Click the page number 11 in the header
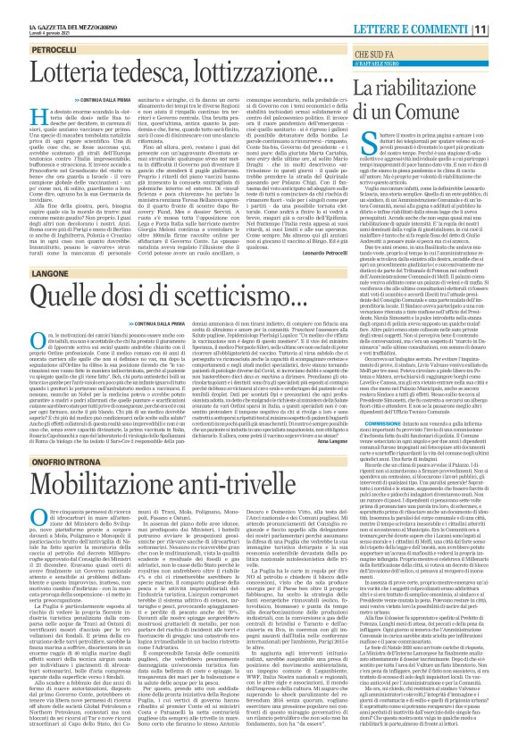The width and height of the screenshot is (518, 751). [x=505, y=9]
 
